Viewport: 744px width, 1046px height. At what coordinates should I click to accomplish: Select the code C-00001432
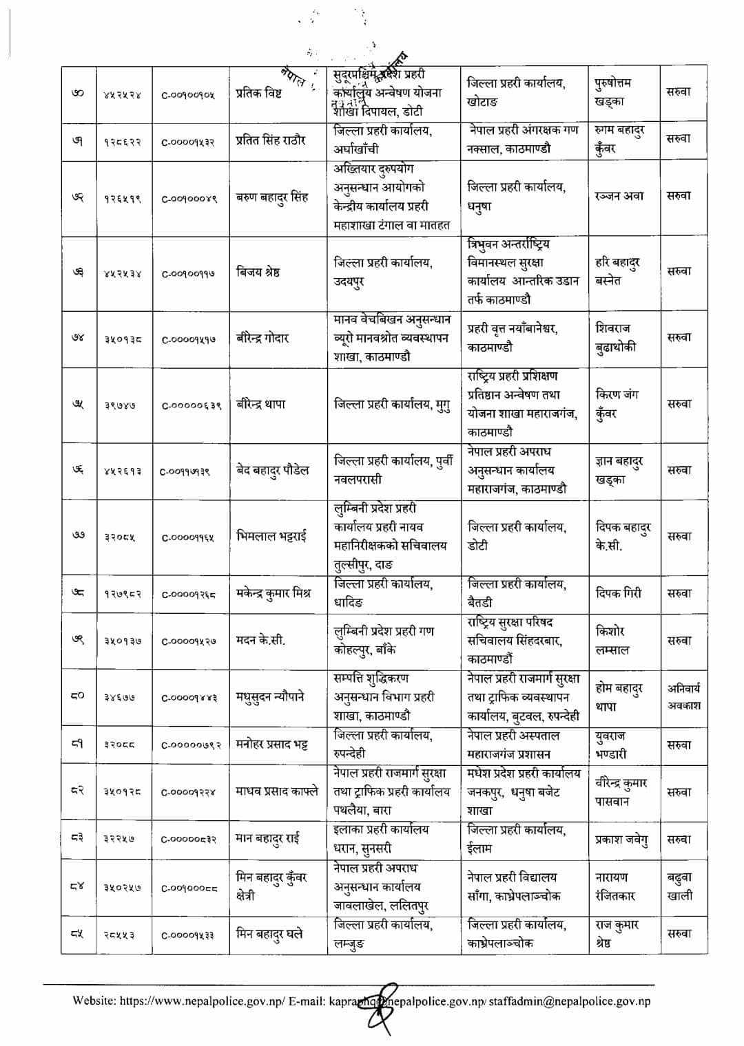click(189, 142)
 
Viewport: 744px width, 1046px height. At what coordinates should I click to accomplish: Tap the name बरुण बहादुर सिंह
click(272, 198)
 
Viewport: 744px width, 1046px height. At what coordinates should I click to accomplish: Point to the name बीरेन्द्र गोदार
click(262, 338)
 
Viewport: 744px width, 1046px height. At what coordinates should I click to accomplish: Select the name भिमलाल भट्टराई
click(271, 536)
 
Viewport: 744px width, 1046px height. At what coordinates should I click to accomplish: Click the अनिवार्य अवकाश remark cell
click(683, 696)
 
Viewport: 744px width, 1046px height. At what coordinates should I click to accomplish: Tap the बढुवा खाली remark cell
click(679, 887)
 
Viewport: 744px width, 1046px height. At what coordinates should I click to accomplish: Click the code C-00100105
click(189, 95)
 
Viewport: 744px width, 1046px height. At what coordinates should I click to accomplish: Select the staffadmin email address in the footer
click(570, 1001)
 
